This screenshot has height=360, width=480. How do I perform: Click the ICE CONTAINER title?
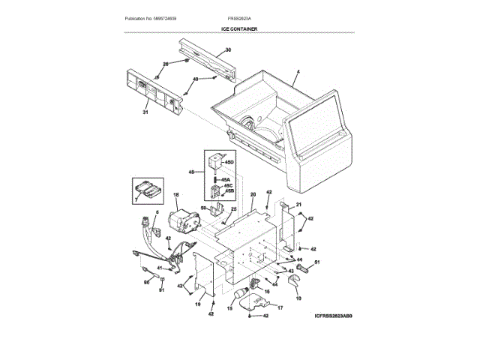pos(239,28)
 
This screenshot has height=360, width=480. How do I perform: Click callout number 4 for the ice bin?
pos(298,72)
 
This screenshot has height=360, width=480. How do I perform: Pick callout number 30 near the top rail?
pos(228,49)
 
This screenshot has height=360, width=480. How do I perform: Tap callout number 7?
pos(136,200)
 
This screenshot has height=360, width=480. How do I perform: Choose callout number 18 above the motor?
pos(176,196)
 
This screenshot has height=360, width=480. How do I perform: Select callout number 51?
pos(316,262)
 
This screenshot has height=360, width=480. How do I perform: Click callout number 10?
pos(298,300)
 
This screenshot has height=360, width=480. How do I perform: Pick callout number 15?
pos(230,308)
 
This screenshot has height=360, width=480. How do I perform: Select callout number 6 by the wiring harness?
pos(157,213)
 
